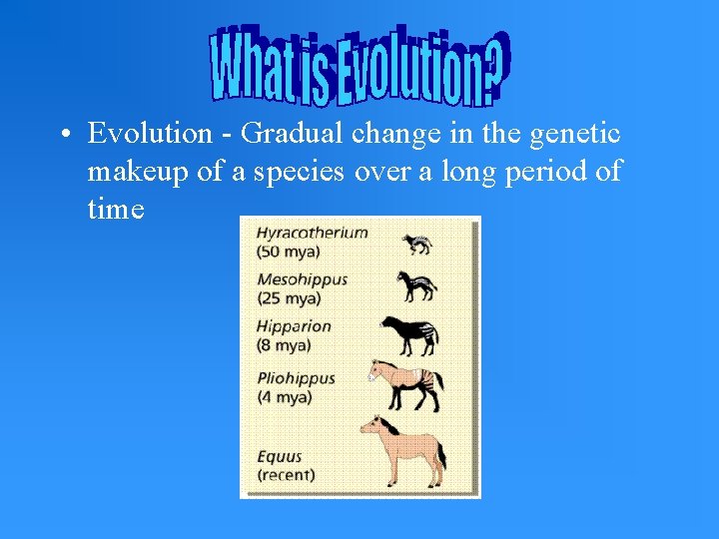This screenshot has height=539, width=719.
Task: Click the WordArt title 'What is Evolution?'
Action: coord(359,65)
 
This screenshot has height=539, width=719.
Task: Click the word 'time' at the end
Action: coord(116,210)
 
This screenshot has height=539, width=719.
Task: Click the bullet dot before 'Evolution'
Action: coord(63,134)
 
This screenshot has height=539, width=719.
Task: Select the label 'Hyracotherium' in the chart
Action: coord(312,233)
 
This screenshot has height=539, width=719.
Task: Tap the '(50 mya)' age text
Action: coord(289,251)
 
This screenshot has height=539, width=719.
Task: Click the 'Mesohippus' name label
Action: coord(302,279)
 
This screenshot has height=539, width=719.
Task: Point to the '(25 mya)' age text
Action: coord(289,297)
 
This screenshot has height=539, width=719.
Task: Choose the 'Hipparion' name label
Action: coord(294,326)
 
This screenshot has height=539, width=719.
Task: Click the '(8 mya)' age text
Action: coord(284,344)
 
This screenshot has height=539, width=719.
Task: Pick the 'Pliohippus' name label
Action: coord(296,379)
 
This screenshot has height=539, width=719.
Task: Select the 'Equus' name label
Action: coord(279,457)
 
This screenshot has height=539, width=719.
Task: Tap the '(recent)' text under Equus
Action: coord(286,475)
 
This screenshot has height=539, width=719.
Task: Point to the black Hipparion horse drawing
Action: coord(408,335)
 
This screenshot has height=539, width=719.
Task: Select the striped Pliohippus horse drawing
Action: coord(405,385)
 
